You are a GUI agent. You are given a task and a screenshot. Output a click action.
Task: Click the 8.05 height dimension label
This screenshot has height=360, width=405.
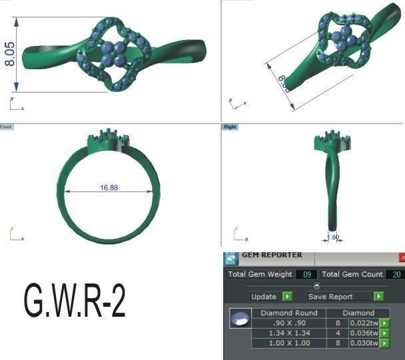11,54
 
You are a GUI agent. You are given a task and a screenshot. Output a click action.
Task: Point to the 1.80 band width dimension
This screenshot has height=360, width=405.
333,236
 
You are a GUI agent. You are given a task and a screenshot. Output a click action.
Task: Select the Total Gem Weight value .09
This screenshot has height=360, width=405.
307,274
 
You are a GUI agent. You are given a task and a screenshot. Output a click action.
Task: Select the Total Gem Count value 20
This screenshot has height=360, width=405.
394,274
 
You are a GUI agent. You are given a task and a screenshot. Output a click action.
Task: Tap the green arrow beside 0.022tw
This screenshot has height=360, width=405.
384,323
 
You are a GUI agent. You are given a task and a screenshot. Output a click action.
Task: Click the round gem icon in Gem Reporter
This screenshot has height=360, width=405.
236,319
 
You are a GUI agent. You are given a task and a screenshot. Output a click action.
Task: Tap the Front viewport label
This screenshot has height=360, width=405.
6,126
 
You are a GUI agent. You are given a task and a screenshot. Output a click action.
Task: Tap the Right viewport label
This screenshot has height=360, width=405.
230,126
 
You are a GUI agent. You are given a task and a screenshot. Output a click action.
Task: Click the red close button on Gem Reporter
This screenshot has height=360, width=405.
402,256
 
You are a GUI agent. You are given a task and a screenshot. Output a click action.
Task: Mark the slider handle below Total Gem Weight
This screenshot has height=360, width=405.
316,285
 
